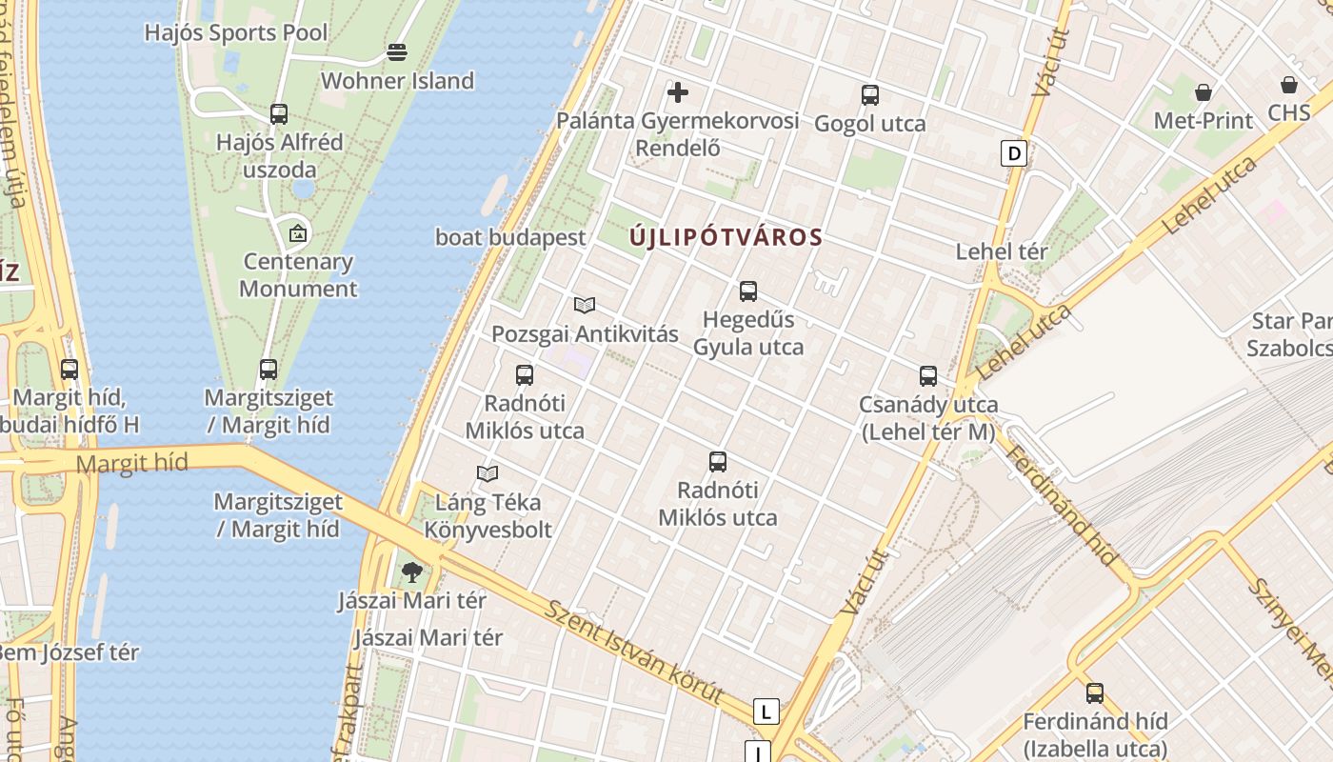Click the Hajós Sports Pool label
coord(235,32)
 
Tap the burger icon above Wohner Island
coord(397,51)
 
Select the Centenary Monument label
coord(298,274)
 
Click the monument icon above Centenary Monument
coord(298,231)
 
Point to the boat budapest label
coord(510,237)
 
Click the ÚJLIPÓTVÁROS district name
coord(726,237)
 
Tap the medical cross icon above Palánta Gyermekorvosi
coord(678,92)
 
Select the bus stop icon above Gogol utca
coord(869,95)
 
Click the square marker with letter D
coord(1014,152)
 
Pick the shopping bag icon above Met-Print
coord(1204,92)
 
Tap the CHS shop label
coord(1288,112)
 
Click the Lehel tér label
coord(1001,251)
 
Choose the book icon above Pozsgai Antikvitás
coord(585,306)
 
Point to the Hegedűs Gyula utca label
coord(748,332)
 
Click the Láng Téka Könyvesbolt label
coord(487,515)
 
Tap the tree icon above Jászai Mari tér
coord(411,571)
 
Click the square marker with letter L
coord(766,711)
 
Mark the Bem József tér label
coord(69,652)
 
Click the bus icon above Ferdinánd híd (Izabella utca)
coord(1095,693)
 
